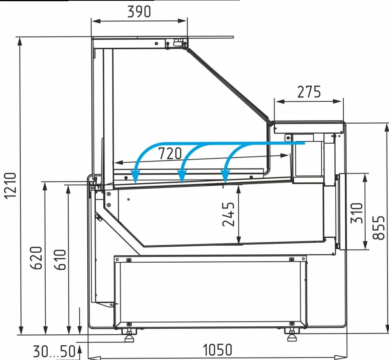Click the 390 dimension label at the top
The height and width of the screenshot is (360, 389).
click(x=139, y=11)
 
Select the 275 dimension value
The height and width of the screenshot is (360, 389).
click(x=309, y=92)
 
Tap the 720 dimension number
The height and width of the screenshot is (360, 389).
click(x=170, y=153)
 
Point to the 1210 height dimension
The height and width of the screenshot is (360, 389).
click(x=10, y=185)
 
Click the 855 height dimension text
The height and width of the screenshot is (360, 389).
click(x=379, y=227)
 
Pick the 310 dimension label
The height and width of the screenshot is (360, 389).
click(x=357, y=213)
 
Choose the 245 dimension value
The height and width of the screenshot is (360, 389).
click(x=228, y=214)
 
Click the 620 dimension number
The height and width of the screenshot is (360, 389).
click(x=36, y=258)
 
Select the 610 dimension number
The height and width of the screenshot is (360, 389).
click(x=60, y=259)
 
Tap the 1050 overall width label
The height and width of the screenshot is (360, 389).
click(x=217, y=350)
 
